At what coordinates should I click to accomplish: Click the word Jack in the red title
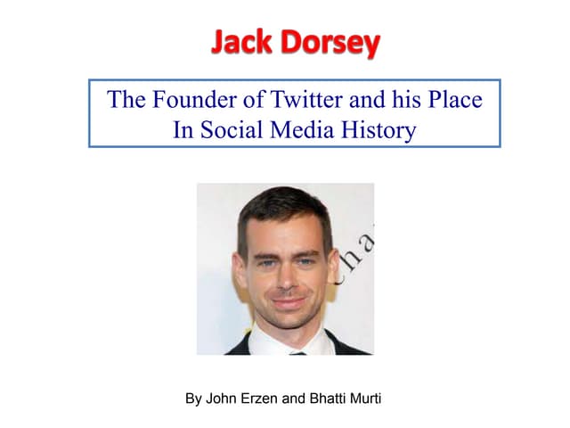243,41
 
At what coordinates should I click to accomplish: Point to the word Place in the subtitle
454,99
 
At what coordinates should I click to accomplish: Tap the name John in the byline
222,399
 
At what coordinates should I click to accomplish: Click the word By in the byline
193,399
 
